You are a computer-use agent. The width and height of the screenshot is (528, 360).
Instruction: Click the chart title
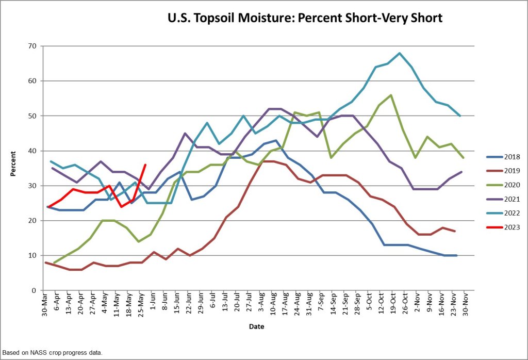pyautogui.click(x=305, y=18)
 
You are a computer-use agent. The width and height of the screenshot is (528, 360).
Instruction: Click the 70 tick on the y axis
pyautogui.click(x=32, y=46)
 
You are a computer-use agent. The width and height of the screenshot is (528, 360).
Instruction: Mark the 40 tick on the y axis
pyautogui.click(x=32, y=151)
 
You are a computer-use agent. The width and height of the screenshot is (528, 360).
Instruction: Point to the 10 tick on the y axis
pyautogui.click(x=32, y=256)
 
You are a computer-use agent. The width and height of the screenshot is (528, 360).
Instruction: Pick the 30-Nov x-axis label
pyautogui.click(x=467, y=305)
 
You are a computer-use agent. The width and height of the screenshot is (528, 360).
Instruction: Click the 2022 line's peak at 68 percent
pyautogui.click(x=400, y=53)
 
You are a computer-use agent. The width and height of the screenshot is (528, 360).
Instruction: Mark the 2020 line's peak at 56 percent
pyautogui.click(x=391, y=95)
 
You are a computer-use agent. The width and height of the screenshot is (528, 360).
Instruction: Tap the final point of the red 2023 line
pyautogui.click(x=145, y=165)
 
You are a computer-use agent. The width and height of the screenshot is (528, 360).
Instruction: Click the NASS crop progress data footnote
pyautogui.click(x=52, y=353)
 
